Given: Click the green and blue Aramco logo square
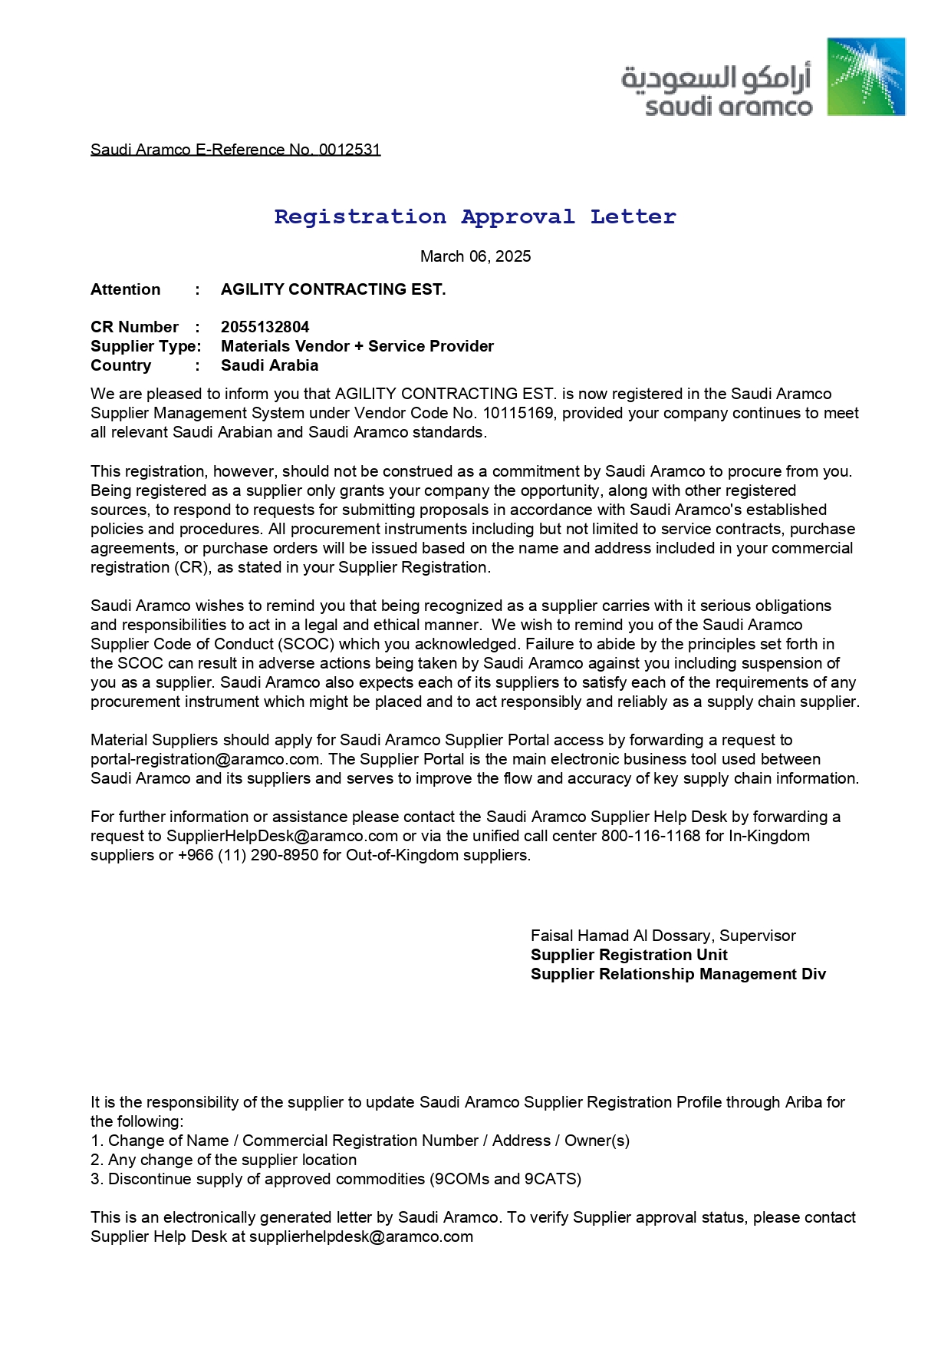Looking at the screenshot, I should [866, 77].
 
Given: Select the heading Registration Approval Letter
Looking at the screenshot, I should [475, 217].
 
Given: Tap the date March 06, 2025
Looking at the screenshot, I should [475, 256].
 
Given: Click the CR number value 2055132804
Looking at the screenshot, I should [265, 327].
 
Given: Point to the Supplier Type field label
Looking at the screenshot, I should [146, 346].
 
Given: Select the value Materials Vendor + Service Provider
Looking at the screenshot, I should [357, 346].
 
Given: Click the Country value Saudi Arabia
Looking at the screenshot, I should [269, 365].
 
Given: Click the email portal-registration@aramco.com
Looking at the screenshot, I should [205, 759].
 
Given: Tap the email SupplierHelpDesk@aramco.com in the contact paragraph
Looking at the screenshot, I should [282, 836].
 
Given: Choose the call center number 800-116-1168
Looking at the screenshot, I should [650, 836].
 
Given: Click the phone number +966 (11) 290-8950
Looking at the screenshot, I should [248, 855].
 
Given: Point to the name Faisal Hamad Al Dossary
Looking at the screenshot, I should [620, 936].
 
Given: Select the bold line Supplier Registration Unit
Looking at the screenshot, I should [629, 955].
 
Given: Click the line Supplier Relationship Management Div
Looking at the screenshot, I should [678, 974].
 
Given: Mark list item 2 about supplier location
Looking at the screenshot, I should [223, 1160].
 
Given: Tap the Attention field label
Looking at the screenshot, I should [126, 289].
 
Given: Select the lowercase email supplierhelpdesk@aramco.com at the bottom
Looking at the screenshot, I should [360, 1236].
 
